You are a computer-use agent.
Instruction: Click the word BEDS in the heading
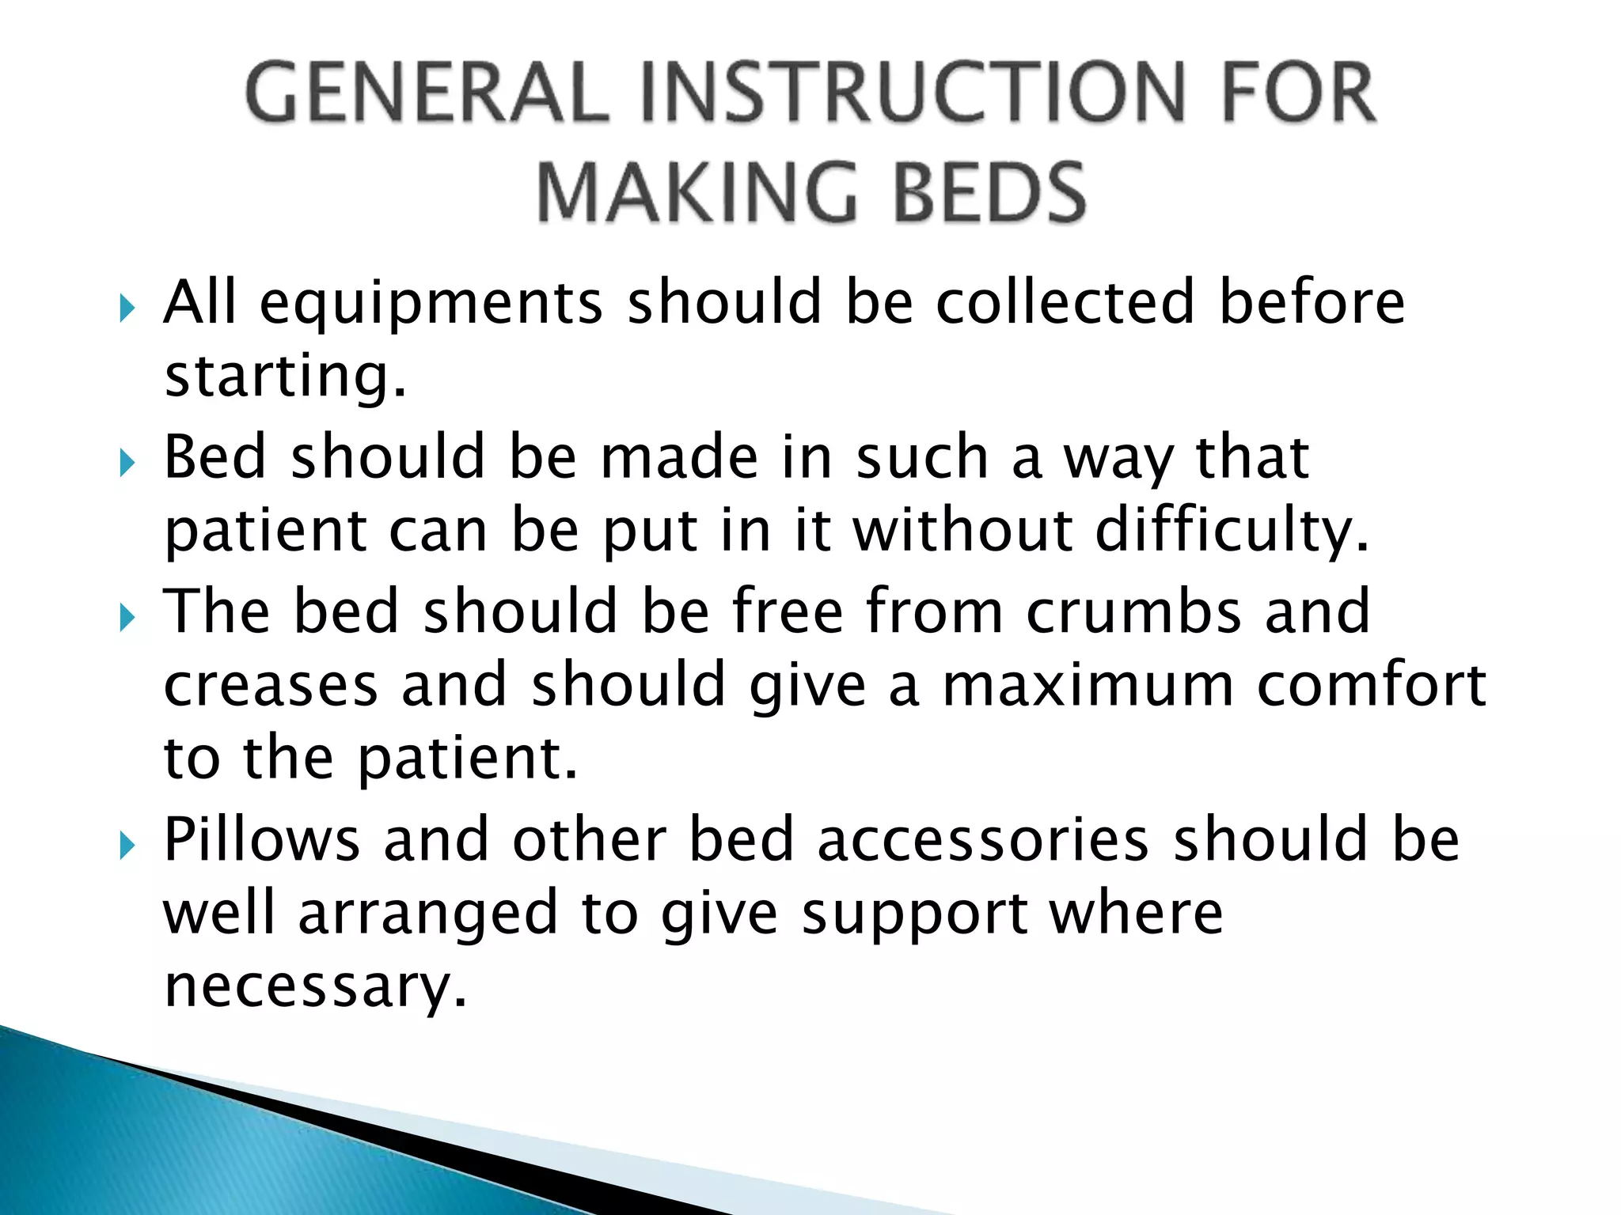click(990, 192)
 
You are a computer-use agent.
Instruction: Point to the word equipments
click(431, 305)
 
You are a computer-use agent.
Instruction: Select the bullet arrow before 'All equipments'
click(127, 308)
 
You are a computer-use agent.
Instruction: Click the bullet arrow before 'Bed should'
click(127, 464)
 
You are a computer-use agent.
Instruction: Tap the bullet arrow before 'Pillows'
click(127, 846)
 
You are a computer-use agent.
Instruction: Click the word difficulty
click(1232, 532)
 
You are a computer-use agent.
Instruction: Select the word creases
click(271, 687)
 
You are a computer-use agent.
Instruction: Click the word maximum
click(1088, 687)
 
